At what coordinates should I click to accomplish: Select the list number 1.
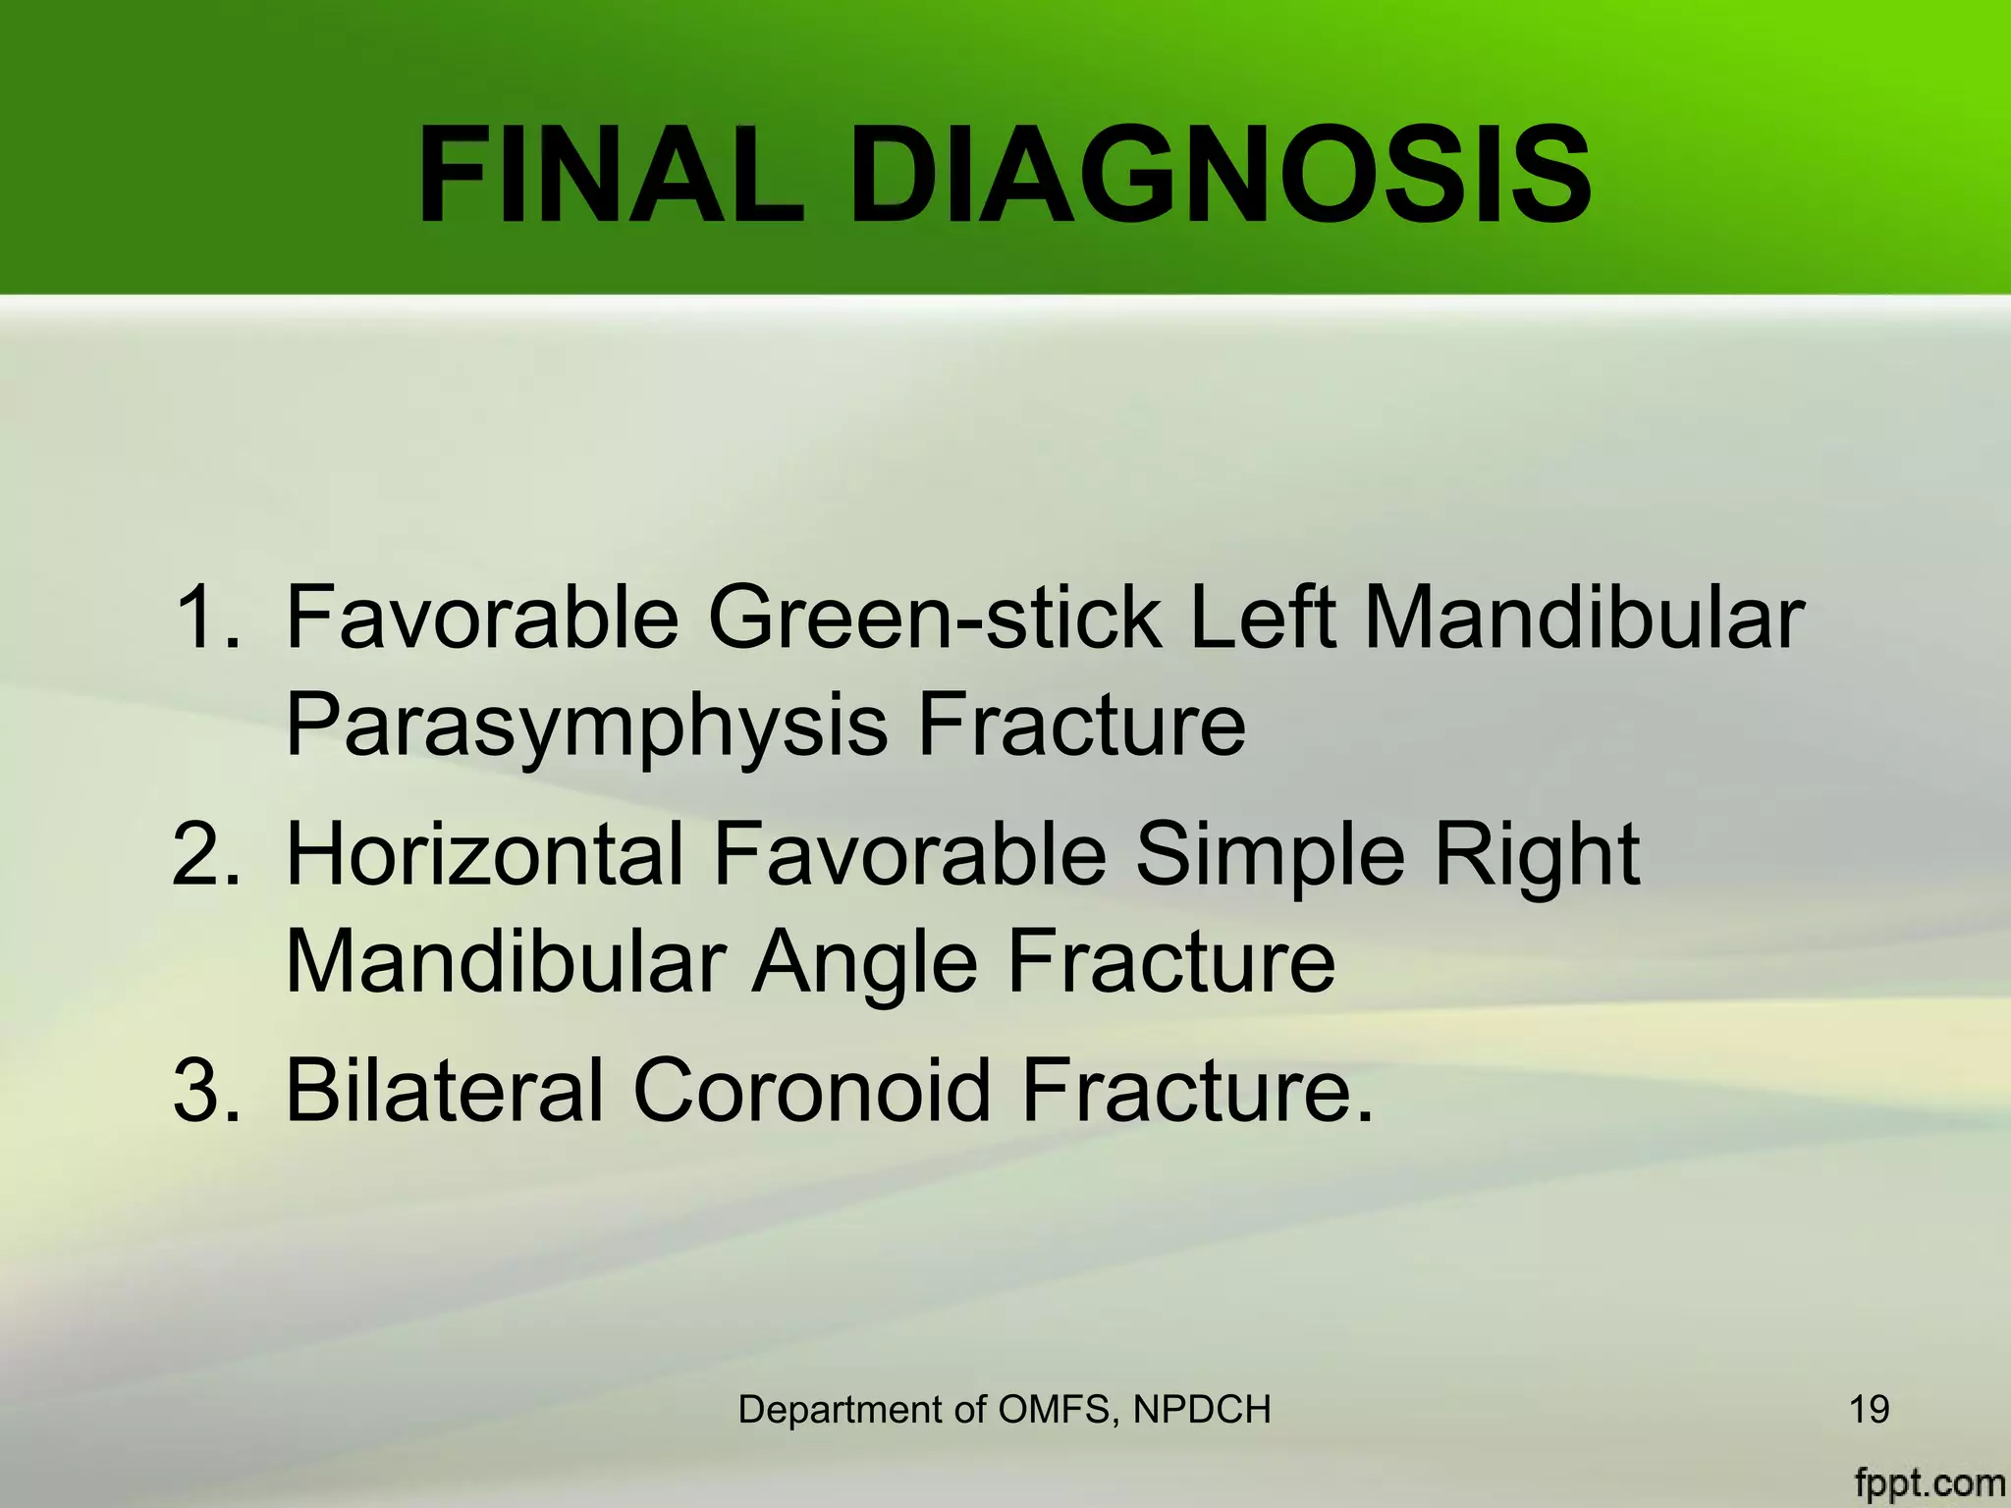(204, 619)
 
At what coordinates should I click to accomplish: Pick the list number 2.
(204, 855)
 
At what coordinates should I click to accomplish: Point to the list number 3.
(204, 1091)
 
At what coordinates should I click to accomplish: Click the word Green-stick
(934, 619)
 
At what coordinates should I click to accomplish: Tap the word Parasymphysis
(585, 727)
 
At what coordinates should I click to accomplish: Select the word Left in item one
(1262, 619)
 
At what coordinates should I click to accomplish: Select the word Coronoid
(811, 1091)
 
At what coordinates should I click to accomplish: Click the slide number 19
(1869, 1410)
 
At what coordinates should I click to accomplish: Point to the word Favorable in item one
(481, 619)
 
